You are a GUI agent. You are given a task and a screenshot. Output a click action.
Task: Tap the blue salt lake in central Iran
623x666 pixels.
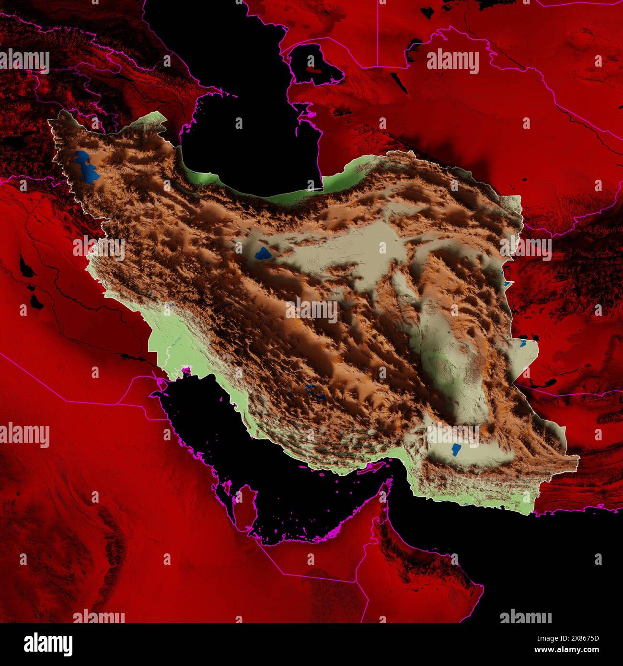(x=263, y=253)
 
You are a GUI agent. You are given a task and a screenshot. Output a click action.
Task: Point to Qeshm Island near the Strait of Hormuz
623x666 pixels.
(x=371, y=467)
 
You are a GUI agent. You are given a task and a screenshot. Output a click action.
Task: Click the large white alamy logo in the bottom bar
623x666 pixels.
(x=48, y=644)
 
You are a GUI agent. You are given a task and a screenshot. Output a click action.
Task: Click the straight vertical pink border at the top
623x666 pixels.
(x=378, y=34)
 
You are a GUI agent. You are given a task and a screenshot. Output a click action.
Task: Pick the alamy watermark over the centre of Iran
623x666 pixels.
(x=311, y=310)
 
